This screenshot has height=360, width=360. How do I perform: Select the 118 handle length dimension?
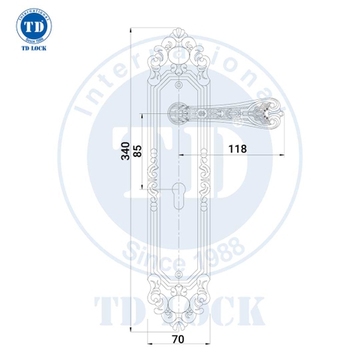[236, 148]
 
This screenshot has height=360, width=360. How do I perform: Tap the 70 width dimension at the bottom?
[178, 339]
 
